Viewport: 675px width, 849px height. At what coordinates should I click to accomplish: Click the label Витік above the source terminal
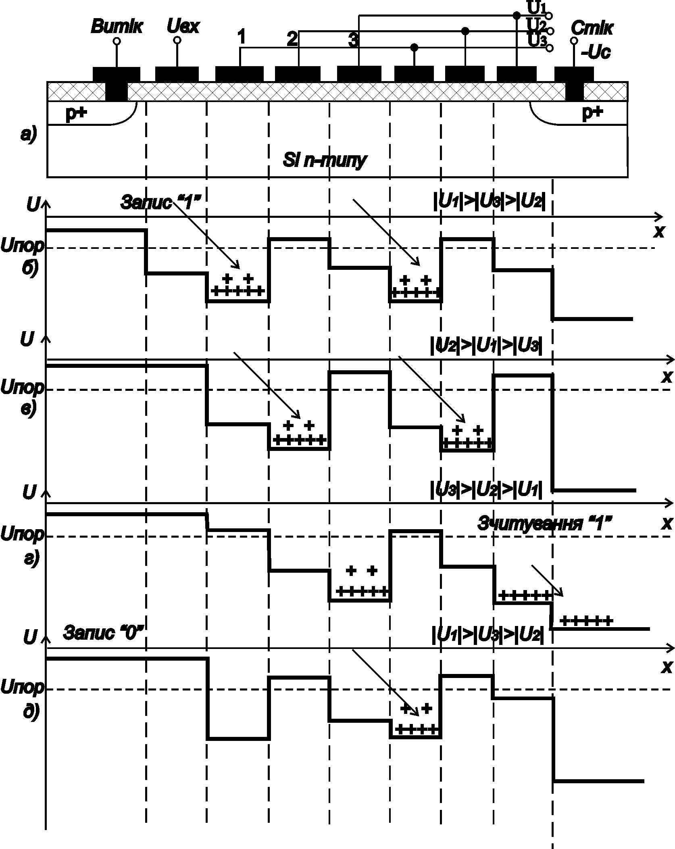117,27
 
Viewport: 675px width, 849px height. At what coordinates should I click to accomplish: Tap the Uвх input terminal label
183,27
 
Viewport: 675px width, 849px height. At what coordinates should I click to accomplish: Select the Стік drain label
592,29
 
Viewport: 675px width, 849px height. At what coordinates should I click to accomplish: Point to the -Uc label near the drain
595,52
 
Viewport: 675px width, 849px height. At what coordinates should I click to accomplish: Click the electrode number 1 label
241,38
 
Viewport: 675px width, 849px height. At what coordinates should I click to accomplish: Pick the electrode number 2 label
292,39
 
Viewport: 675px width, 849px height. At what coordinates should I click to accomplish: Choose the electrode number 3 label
353,41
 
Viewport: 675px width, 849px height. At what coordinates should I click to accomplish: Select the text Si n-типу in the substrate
324,160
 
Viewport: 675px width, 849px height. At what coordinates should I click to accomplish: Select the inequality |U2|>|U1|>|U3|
485,346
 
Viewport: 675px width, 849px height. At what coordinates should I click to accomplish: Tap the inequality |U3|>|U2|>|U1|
485,490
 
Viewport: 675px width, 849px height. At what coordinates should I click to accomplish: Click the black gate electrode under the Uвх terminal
177,74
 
